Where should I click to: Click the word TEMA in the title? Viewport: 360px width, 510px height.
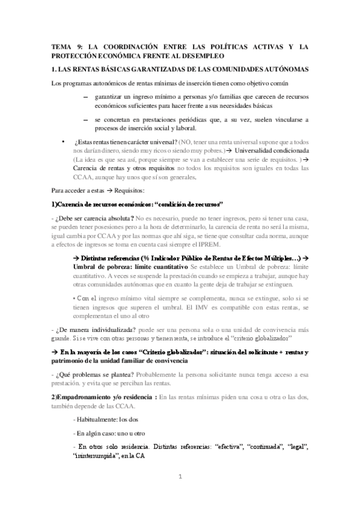(x=60, y=46)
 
